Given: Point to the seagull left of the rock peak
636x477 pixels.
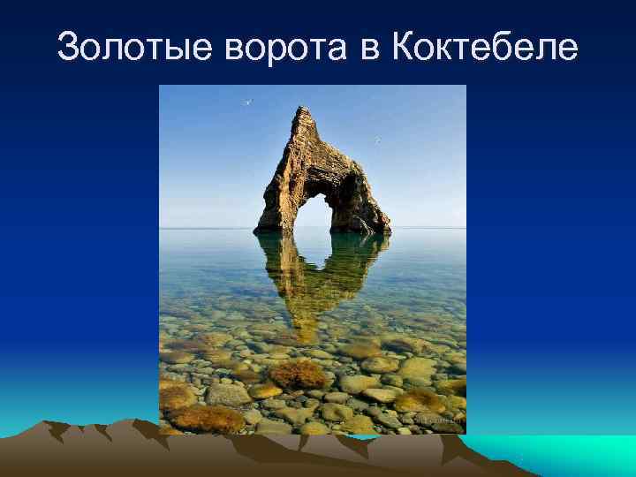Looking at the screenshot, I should [248, 102].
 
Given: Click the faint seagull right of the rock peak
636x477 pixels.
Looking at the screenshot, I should [377, 140].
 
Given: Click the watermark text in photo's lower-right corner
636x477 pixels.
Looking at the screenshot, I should [443, 422].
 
